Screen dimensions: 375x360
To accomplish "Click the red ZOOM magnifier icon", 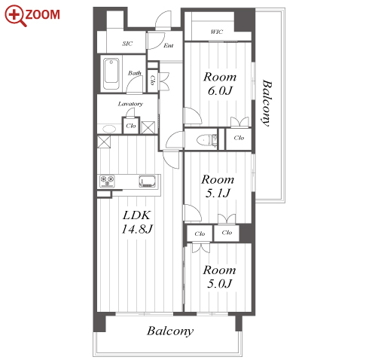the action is coord(16,16).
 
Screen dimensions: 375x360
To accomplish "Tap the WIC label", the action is coord(217,32).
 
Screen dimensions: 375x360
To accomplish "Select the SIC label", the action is coord(127,44).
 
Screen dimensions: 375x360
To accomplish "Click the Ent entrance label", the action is coord(169,45).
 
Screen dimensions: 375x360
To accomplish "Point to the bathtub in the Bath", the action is coord(111,74).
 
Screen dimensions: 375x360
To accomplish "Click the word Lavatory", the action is coord(130,104).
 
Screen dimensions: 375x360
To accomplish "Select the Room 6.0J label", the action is coord(220,84).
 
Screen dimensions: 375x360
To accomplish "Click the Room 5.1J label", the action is coord(218,186).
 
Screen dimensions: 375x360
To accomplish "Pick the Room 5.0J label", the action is coord(219,276).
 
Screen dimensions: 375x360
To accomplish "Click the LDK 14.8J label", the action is coord(137,222).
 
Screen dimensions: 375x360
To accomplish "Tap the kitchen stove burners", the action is coord(108,182).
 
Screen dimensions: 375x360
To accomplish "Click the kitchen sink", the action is coord(148,182).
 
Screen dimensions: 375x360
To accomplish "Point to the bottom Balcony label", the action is coord(170,331).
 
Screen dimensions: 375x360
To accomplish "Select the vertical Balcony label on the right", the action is coord(267,103).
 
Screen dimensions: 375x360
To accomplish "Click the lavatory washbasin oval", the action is coord(109,129).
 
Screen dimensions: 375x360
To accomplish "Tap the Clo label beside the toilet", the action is coord(239,138).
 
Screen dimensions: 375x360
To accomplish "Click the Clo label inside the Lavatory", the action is coord(131,126).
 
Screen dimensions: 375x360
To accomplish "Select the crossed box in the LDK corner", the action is coord(104,142).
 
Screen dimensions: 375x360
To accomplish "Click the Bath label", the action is coord(135,73).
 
